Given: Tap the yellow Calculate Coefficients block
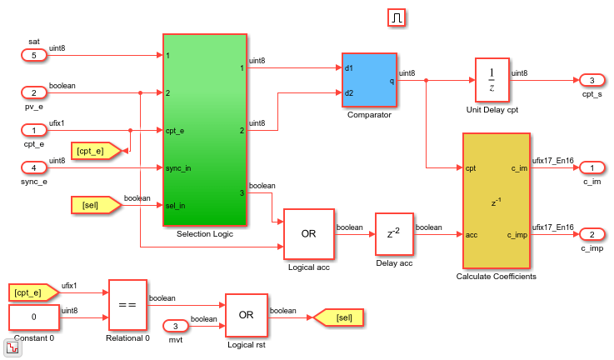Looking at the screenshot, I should (x=495, y=200).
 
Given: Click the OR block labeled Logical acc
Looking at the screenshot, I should (x=308, y=234).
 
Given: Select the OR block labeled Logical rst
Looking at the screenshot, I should (x=246, y=316).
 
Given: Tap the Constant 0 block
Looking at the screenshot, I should (x=33, y=317).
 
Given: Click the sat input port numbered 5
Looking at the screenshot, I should (x=34, y=56).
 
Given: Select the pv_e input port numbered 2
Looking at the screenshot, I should (x=34, y=92).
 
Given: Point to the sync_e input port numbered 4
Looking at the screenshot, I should (x=34, y=167).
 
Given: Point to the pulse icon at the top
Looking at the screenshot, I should (x=397, y=17).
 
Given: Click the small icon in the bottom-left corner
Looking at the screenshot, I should (x=12, y=348).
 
